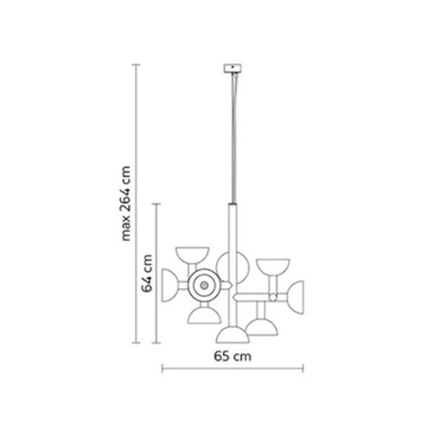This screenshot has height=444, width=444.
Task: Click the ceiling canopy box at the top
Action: (232, 68)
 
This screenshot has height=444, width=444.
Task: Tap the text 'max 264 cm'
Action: (126, 203)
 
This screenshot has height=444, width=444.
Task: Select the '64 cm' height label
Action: (147, 273)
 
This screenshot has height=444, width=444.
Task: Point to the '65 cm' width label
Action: (232, 356)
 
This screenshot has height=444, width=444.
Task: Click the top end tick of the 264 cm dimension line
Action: (136, 65)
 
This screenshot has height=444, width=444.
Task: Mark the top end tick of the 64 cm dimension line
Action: (157, 204)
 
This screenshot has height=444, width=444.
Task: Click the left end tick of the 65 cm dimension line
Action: (162, 369)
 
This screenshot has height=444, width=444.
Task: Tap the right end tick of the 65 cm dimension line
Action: (303, 369)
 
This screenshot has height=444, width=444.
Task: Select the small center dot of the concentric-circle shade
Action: (204, 286)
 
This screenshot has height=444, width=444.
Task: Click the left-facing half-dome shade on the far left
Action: (169, 286)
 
